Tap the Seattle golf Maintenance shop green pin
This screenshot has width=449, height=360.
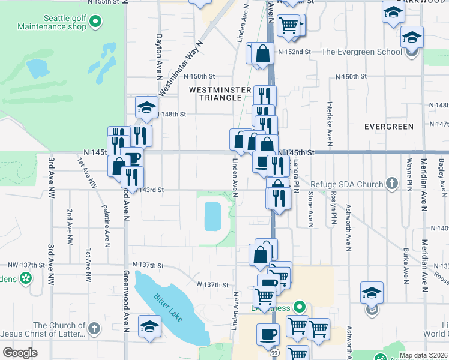click(x=95, y=23)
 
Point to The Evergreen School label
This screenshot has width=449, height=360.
click(x=361, y=52)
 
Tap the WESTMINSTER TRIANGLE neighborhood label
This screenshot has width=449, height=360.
click(x=220, y=94)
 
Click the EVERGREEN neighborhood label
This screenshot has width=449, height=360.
click(x=389, y=127)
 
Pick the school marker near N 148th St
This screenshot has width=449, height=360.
click(x=146, y=108)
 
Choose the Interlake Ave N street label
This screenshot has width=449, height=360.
click(x=330, y=124)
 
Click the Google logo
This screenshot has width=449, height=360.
click(x=20, y=353)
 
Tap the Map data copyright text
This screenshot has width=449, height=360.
click(x=423, y=355)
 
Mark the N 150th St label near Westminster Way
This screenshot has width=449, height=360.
click(x=199, y=76)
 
